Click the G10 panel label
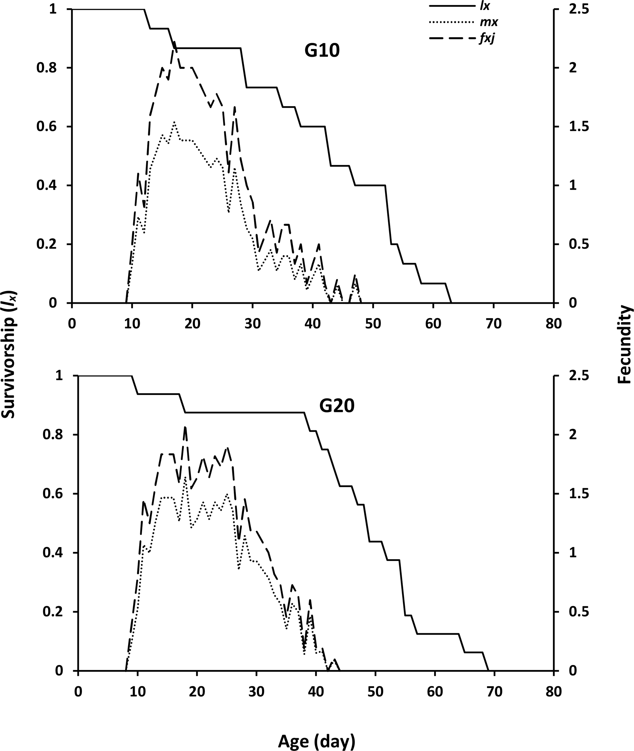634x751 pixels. (x=322, y=51)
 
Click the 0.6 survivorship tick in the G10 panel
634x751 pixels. (x=47, y=127)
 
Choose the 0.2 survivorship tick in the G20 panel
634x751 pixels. (x=53, y=612)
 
